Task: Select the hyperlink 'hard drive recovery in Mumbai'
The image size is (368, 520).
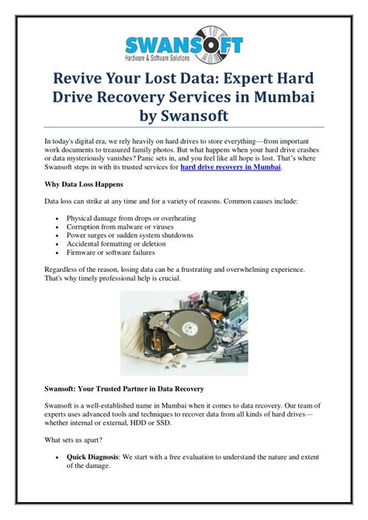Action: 231,166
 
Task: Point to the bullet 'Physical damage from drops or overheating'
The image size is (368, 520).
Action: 127,218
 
